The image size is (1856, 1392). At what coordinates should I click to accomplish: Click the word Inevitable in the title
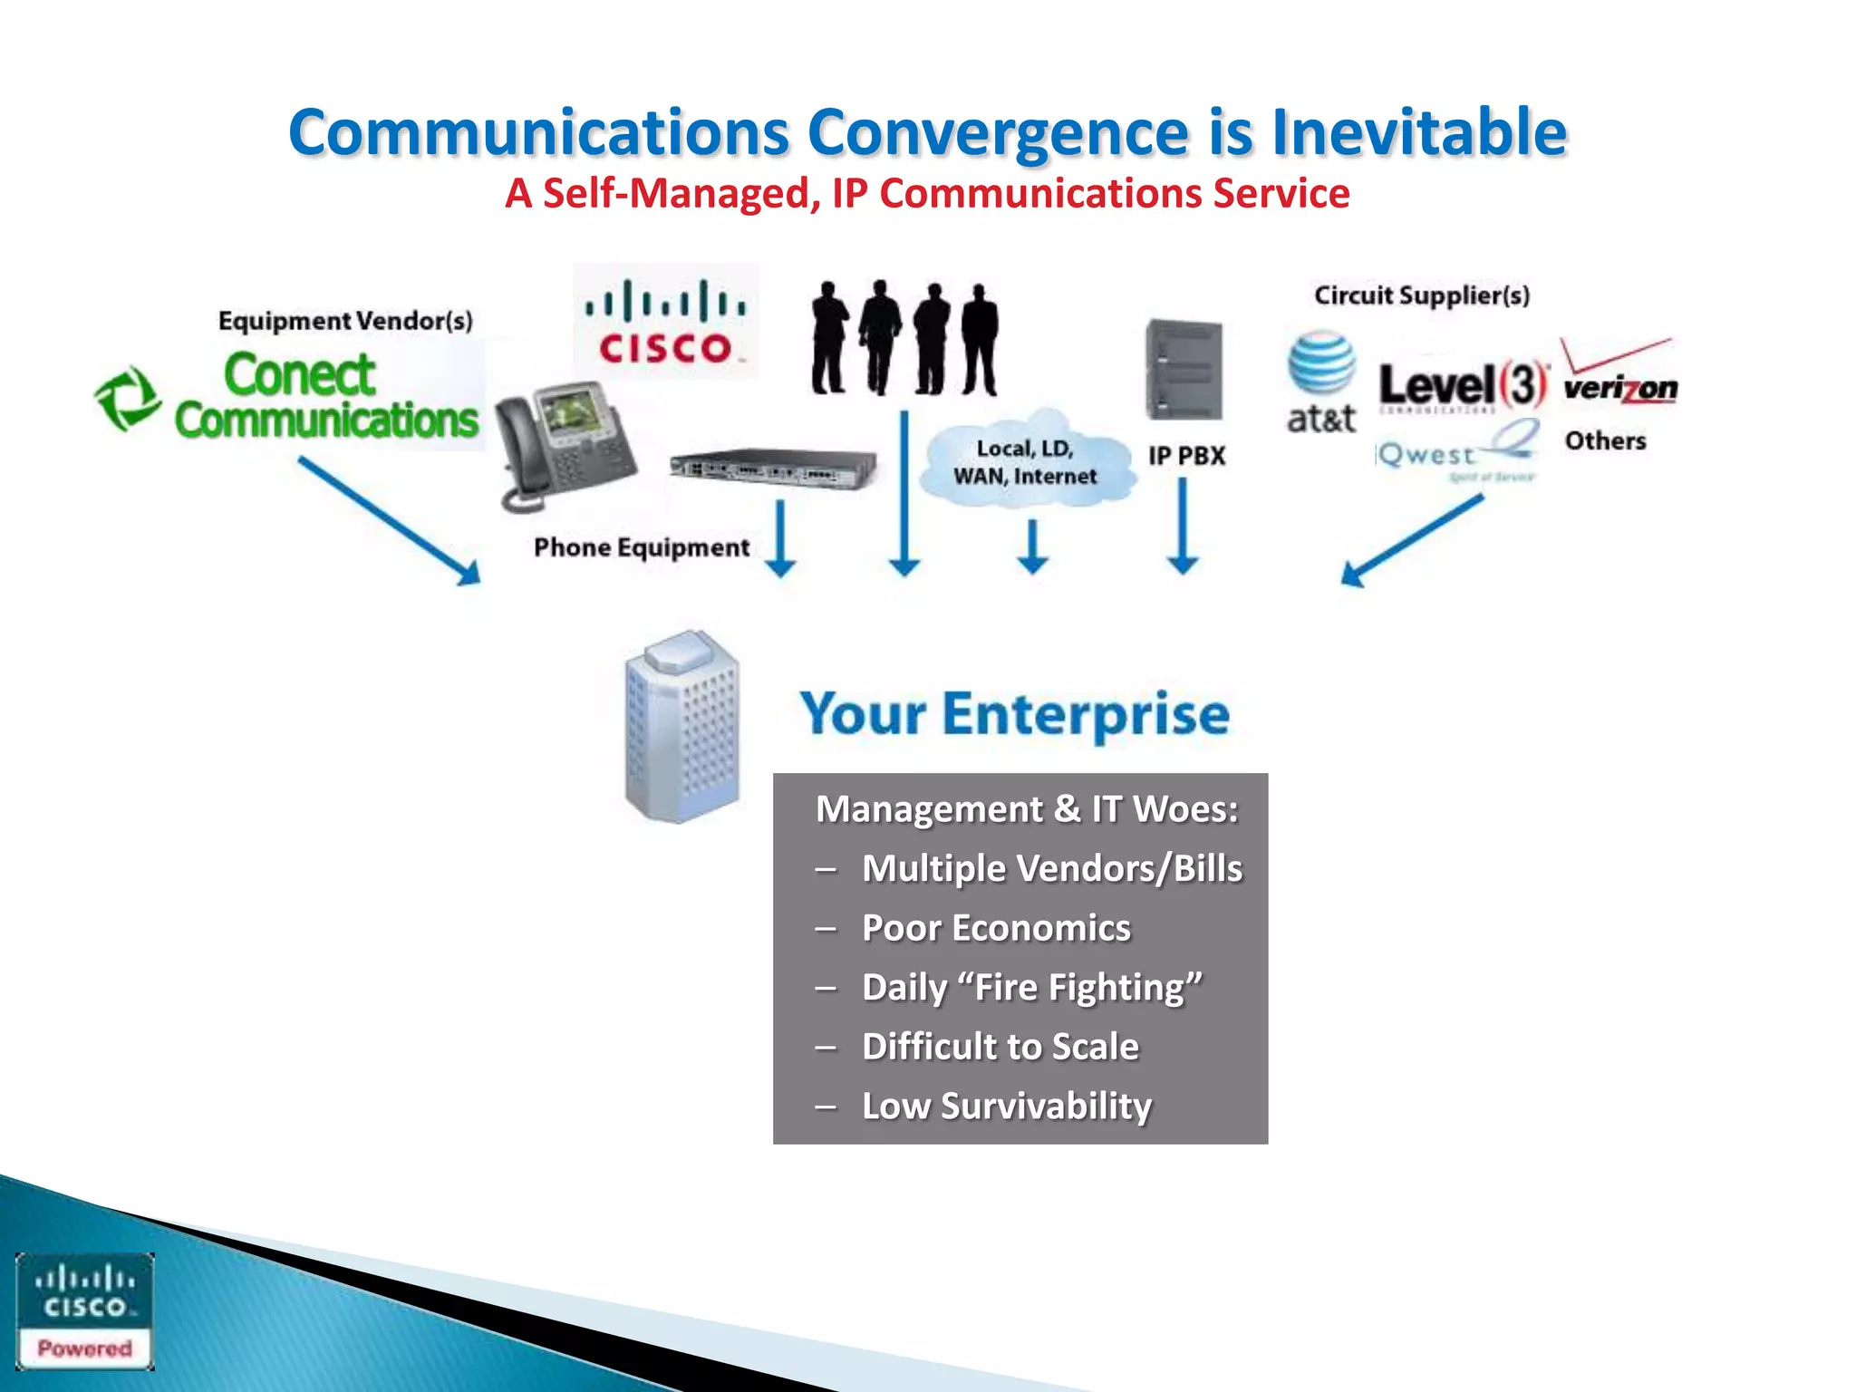click(1418, 133)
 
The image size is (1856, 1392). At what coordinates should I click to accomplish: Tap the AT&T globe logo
click(1321, 362)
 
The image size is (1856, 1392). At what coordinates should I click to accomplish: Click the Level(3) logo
click(1463, 384)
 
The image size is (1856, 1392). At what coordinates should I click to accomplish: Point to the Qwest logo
click(1455, 453)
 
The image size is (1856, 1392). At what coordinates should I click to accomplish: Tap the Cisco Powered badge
click(84, 1310)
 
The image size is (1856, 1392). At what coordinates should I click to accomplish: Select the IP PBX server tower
click(1184, 369)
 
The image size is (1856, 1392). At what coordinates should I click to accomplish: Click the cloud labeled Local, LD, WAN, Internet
click(1027, 462)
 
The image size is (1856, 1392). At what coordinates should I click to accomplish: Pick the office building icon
click(681, 727)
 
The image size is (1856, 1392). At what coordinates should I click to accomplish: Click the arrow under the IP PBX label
click(1183, 526)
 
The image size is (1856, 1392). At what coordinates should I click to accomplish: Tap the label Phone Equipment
click(641, 547)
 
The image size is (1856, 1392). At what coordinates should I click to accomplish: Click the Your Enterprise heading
click(1014, 714)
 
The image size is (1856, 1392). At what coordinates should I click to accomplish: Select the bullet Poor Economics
click(995, 928)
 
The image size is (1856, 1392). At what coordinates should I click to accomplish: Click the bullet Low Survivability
click(1006, 1106)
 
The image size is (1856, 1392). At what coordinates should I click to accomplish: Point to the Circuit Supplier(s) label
click(1421, 295)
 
